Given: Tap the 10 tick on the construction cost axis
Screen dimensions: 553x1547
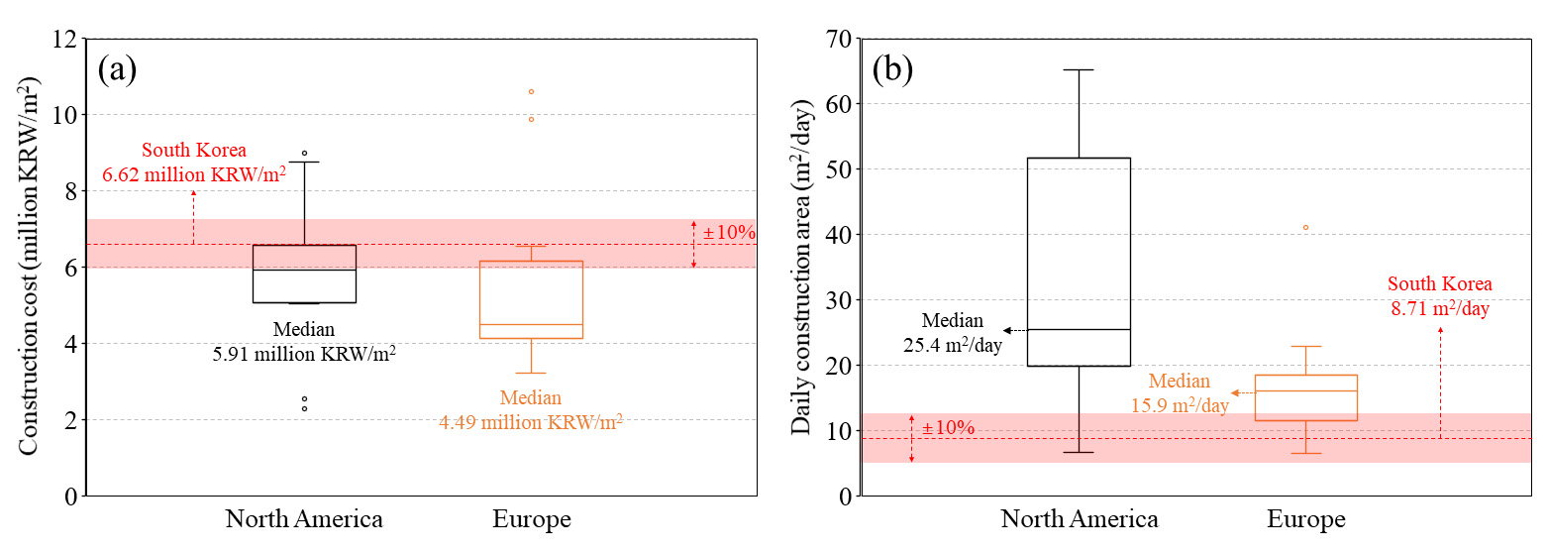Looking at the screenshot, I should click(x=65, y=115).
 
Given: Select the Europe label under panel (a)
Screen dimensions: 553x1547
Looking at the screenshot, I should click(x=532, y=519).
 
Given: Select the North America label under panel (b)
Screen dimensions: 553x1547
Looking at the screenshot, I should click(x=1079, y=519).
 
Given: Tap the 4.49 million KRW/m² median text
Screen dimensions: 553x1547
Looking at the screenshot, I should click(x=531, y=421).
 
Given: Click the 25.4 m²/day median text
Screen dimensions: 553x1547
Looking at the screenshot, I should click(x=953, y=345).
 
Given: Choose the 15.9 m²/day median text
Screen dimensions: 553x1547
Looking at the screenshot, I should click(x=1179, y=404).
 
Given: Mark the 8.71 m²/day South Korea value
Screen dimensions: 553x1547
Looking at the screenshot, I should click(x=1441, y=309).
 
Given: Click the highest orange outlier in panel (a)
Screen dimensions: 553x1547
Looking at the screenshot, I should click(x=531, y=91).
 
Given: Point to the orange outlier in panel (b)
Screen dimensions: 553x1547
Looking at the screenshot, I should click(x=1305, y=227).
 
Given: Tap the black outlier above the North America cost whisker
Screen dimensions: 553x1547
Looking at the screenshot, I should click(x=304, y=154).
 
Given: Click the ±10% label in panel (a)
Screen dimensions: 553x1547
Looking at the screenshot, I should click(x=729, y=234).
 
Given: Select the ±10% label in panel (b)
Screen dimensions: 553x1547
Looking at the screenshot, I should click(x=948, y=428).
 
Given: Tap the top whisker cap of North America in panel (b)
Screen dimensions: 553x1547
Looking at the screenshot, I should click(x=1079, y=70).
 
